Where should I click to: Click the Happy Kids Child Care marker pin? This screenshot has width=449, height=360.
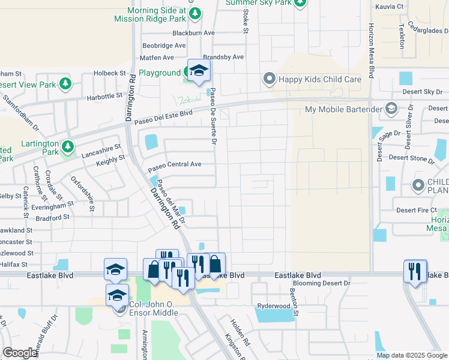point(270,79)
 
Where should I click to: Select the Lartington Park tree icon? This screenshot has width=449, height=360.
point(68,145)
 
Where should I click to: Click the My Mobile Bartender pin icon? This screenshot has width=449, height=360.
point(391,109)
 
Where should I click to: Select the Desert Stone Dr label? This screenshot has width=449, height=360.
point(411,158)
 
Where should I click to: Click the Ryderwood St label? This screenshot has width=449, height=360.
point(274,306)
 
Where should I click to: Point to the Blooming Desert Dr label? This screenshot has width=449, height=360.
point(322,283)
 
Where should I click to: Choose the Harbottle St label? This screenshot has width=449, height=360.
point(104,95)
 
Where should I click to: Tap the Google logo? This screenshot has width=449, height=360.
point(20,353)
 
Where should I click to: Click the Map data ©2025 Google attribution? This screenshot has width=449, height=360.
point(411,355)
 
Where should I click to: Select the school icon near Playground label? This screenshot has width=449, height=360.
point(199,70)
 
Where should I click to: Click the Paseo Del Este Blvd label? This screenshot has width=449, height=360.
point(164,115)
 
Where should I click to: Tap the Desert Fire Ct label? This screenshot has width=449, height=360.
point(417,211)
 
